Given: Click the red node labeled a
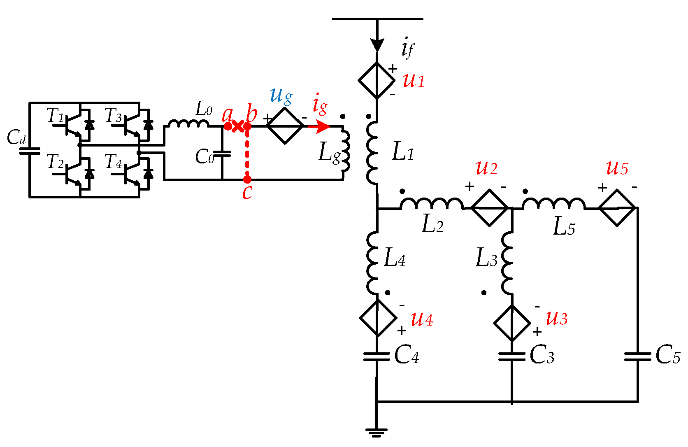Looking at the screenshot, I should [x=228, y=126].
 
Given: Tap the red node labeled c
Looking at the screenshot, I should [x=247, y=179].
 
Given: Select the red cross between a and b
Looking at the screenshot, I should [x=237, y=126].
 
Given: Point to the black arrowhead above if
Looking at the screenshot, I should [x=377, y=44].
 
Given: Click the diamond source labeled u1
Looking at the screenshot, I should [x=377, y=81].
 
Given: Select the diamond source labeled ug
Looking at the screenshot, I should [x=285, y=126].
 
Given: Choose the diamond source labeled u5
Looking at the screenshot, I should [x=617, y=208].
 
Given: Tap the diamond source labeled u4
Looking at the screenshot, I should [x=378, y=318].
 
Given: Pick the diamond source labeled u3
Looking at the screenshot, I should [x=512, y=323].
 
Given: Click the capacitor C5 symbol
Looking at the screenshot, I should [x=637, y=356].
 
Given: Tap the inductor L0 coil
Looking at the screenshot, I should [x=188, y=123].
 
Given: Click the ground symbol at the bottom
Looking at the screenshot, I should [x=376, y=432].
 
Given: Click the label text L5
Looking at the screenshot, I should [x=563, y=227].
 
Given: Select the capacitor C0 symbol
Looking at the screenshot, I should [x=222, y=154].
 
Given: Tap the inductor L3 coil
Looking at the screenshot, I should [x=507, y=263].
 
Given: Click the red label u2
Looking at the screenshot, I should [x=486, y=168].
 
